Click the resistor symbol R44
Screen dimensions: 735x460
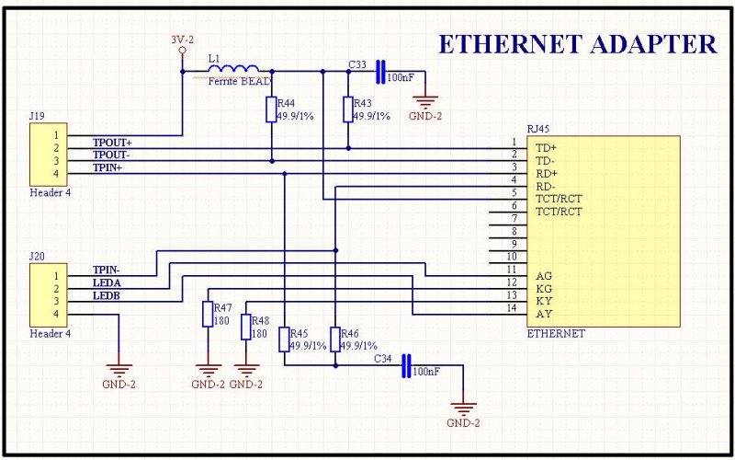tap(271, 109)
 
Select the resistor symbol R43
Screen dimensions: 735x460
tap(348, 109)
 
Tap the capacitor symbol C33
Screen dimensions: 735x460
tap(380, 72)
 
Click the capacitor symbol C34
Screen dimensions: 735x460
tap(406, 365)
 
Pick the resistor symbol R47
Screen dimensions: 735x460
tap(208, 314)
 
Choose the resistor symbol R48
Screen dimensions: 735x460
tap(246, 328)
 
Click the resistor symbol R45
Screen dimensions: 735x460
tap(284, 339)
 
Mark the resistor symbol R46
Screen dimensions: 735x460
tap(335, 339)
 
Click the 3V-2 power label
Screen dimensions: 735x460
tap(182, 40)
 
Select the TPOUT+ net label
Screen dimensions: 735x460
tap(112, 142)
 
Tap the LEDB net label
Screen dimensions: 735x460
tap(107, 295)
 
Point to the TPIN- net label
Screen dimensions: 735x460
tap(107, 270)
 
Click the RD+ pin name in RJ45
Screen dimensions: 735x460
tap(547, 174)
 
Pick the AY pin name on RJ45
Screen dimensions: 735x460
tap(544, 314)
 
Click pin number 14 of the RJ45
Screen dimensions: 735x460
tap(512, 308)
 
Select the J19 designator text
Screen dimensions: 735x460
tap(37, 116)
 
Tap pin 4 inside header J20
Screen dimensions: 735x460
tap(56, 314)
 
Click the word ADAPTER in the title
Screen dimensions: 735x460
tap(653, 44)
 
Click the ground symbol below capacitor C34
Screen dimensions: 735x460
tap(463, 407)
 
